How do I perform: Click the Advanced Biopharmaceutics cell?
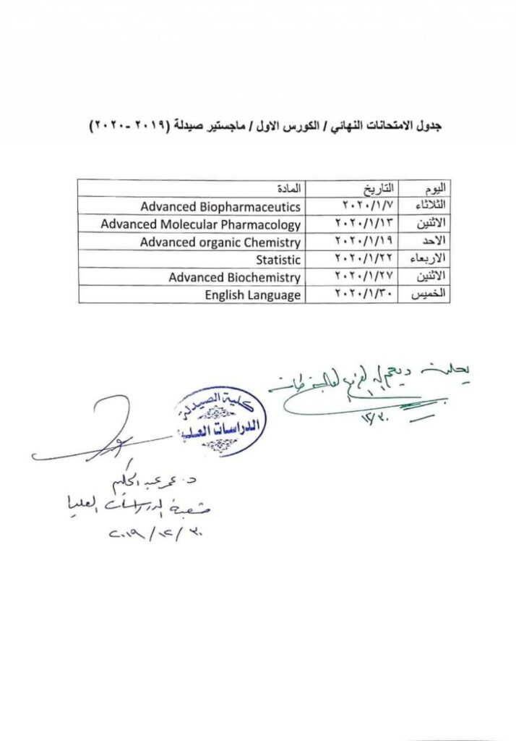click(220, 206)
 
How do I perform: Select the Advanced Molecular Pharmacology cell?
click(200, 224)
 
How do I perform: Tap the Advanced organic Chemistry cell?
click(220, 242)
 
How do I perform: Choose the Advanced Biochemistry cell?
click(234, 277)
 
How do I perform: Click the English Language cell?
click(252, 295)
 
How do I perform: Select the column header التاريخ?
click(377, 188)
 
